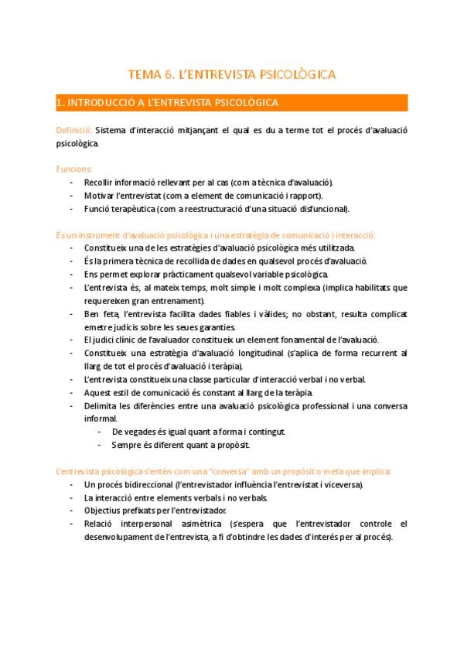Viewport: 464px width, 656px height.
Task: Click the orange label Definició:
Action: coord(74,130)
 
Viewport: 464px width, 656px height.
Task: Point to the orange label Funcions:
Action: coord(74,169)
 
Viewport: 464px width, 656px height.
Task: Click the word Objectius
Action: coord(104,511)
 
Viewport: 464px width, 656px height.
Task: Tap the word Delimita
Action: coord(102,405)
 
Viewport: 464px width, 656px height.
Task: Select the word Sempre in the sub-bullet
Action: coord(126,445)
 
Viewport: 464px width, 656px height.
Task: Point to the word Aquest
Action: coord(100,392)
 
